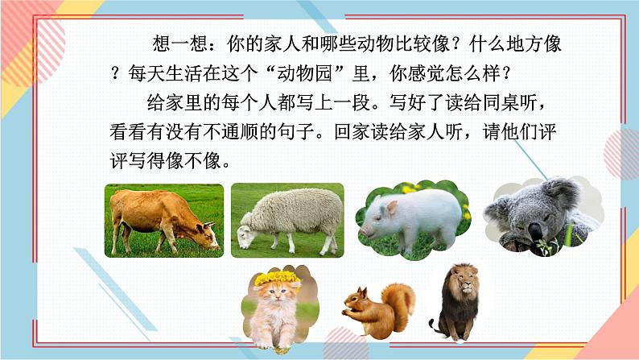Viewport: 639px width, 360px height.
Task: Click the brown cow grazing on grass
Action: (161, 217)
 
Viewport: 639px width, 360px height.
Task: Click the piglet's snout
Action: (365, 229)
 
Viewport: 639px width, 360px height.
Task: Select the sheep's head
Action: (245, 234)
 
